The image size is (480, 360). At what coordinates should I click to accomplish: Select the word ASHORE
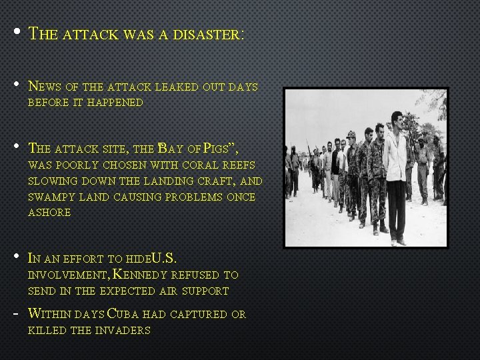point(49,213)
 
